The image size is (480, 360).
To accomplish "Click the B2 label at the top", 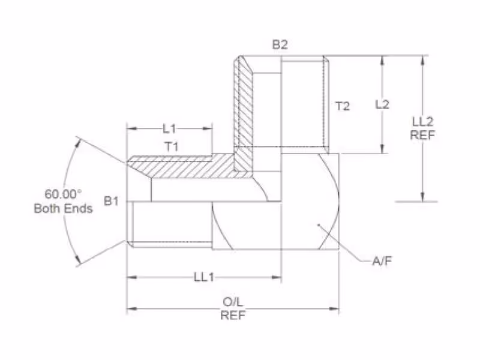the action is pos(280,44).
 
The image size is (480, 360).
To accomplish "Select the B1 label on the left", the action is pos(111,201).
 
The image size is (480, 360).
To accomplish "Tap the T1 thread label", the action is pos(172,146).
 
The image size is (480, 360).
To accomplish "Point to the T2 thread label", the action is pos(343,106).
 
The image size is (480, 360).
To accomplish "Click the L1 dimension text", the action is pos(169,128).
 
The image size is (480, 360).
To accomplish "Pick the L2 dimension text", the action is pos(382,104).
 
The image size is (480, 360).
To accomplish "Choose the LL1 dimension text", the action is pos(204,277).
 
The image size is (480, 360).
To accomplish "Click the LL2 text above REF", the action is pos(423,122).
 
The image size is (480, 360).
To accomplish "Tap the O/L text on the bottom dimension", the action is pos(233,302).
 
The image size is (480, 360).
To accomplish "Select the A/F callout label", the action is pos(382,261).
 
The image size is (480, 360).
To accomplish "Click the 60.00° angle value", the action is pos(64,194).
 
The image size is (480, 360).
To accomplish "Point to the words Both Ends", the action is pos(64,208).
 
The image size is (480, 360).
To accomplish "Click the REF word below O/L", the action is pos(233,315).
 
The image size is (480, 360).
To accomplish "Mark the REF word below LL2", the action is pos(423,135).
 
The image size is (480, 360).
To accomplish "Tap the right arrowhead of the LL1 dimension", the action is pos(277,277).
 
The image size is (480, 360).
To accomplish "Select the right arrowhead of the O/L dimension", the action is pos(334,308).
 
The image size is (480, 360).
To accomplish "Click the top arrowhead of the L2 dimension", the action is pos(382,61).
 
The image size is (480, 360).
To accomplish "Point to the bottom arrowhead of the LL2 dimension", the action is pos(423,197).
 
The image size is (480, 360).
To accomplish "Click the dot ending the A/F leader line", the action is pos(318,224).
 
